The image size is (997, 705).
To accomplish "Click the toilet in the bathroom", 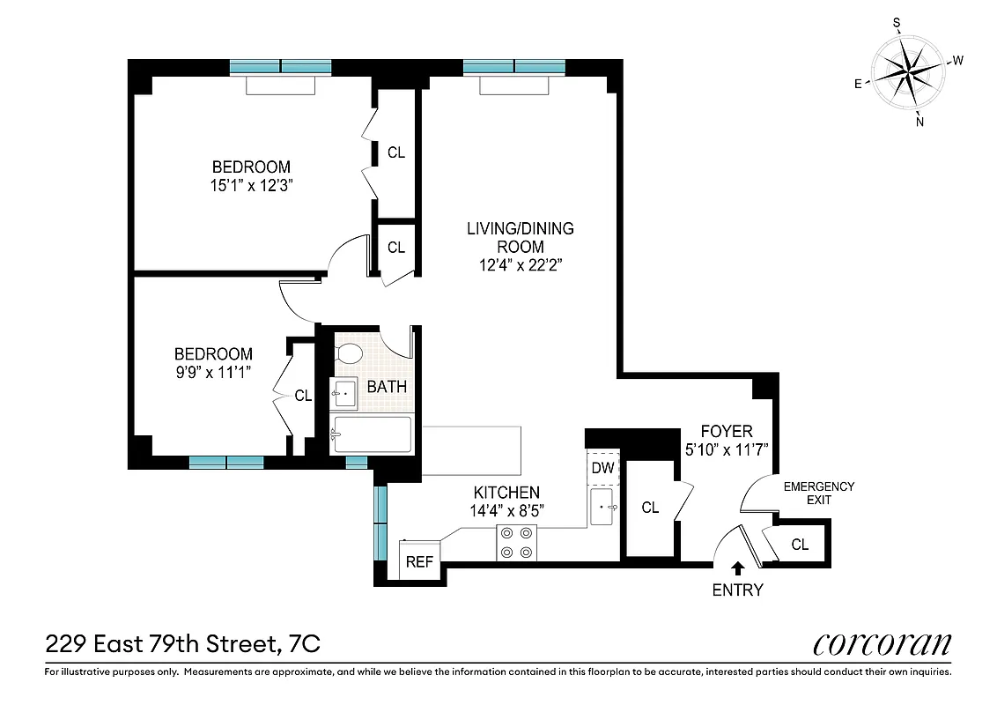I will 350,353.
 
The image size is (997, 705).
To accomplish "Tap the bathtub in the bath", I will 371,434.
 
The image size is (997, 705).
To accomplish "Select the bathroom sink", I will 343,393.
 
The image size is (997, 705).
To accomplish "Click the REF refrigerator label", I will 419,561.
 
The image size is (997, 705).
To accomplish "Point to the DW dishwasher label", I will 602,468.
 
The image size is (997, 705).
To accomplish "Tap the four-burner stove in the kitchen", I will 517,542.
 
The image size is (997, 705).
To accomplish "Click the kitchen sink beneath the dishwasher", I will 604,508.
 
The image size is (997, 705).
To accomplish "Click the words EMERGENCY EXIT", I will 818,493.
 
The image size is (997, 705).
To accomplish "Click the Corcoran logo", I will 882,644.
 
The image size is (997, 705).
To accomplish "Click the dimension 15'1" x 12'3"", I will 251,186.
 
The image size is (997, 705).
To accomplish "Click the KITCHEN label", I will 506,493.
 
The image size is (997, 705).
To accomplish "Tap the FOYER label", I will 727,431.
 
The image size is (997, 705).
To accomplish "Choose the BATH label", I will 387,386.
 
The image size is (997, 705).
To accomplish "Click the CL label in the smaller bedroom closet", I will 303,396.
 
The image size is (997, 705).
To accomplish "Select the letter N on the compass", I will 919,122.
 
